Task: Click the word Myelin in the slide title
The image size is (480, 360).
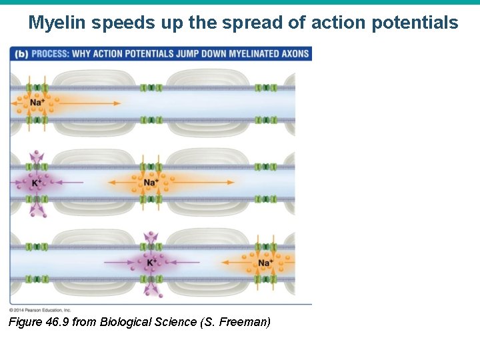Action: point(57,23)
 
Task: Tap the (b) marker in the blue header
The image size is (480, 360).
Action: point(20,53)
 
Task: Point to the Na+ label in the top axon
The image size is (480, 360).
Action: point(37,103)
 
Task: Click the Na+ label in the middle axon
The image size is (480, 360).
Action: point(151,183)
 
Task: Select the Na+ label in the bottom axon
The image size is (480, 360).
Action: point(265,263)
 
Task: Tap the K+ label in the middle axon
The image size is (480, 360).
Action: point(37,183)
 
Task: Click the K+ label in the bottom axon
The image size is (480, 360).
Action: point(152,263)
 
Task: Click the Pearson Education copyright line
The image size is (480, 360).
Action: point(40,310)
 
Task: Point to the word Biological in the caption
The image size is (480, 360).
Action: point(125,323)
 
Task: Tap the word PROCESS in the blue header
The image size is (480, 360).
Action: point(51,53)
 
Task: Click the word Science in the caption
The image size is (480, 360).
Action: point(175,323)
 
